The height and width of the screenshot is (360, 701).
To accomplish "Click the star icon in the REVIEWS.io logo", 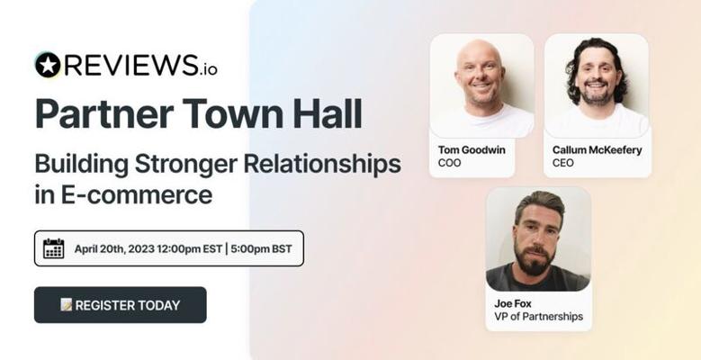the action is pyautogui.click(x=48, y=65).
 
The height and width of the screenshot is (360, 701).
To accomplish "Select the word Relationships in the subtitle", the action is pyautogui.click(x=322, y=165).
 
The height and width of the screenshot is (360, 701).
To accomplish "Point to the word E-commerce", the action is pyautogui.click(x=137, y=195).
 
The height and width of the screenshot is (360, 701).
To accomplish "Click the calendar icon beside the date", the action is pyautogui.click(x=54, y=248).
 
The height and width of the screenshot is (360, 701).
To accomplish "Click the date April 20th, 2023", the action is pyautogui.click(x=114, y=249).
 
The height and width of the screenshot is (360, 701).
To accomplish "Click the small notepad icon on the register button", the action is pyautogui.click(x=67, y=304).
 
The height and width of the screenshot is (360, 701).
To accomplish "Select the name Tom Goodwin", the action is pyautogui.click(x=472, y=149).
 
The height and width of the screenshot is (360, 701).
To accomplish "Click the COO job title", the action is pyautogui.click(x=449, y=163).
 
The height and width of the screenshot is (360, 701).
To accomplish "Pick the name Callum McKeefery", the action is pyautogui.click(x=597, y=149).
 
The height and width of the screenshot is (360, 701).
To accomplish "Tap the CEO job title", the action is pyautogui.click(x=562, y=163).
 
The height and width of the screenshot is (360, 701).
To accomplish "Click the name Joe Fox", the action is pyautogui.click(x=513, y=303).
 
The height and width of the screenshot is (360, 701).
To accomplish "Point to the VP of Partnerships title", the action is pyautogui.click(x=539, y=317).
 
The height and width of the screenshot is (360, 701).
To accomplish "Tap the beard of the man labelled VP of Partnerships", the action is pyautogui.click(x=535, y=261).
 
